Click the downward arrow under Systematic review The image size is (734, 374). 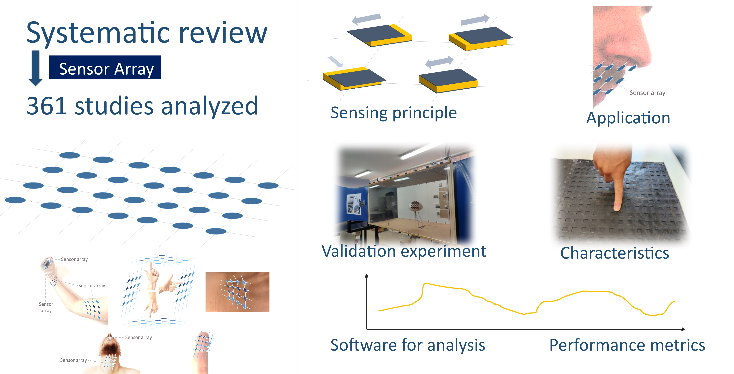36,68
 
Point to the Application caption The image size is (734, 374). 628,118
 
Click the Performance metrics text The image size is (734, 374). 627,345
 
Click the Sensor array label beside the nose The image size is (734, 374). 647,93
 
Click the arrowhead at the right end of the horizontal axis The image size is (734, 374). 683,329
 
